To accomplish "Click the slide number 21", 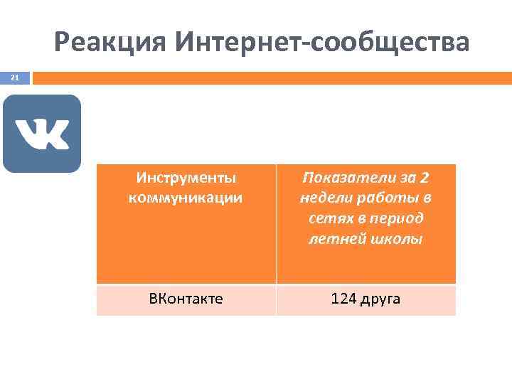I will [15, 77].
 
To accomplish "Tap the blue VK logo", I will [42, 134].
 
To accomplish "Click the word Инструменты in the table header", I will [186, 177].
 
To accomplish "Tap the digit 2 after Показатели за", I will [424, 177].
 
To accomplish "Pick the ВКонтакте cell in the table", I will [186, 299].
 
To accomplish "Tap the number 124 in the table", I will [345, 299].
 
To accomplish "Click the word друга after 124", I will [382, 299].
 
